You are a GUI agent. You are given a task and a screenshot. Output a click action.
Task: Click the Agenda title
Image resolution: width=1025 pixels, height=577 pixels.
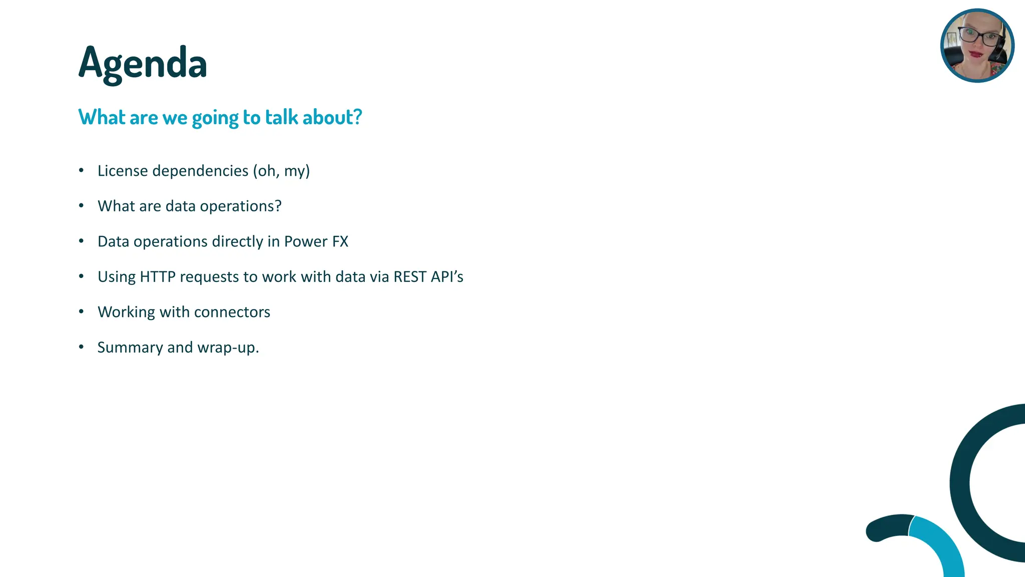[143, 64]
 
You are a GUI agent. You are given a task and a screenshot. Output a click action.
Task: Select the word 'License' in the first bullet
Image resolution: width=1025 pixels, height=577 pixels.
[123, 171]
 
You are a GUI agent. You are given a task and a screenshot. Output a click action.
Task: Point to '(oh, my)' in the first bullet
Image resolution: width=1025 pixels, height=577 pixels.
[281, 171]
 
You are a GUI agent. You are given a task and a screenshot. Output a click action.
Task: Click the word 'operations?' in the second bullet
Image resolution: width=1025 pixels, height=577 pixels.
[241, 206]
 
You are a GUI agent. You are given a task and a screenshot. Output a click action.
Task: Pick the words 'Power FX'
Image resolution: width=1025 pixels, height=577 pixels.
[316, 241]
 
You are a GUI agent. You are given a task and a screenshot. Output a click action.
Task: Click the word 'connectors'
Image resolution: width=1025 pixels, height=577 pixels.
[232, 312]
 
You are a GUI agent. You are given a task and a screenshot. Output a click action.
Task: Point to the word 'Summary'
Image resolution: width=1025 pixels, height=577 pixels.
[130, 348]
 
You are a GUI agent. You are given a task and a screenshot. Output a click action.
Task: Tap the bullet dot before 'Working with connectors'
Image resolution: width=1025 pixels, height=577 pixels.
[81, 312]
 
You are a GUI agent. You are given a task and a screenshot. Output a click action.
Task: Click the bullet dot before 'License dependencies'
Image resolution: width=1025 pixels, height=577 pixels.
[81, 171]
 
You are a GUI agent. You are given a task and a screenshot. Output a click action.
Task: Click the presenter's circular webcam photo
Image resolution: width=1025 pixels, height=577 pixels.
[977, 46]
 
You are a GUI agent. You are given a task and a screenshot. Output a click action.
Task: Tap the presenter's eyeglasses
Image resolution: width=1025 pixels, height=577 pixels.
[977, 37]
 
